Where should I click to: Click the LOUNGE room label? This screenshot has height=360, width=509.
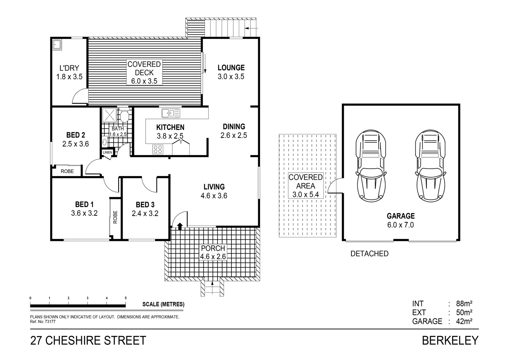pyautogui.click(x=231, y=68)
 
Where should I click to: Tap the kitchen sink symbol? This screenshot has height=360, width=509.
pyautogui.click(x=171, y=113)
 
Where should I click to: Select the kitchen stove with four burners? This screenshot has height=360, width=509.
pyautogui.click(x=158, y=149)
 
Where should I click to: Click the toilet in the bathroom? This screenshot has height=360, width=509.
pyautogui.click(x=125, y=116)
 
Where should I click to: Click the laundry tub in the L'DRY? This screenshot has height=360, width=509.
pyautogui.click(x=57, y=45)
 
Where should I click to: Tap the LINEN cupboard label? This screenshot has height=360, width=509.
pyautogui.click(x=107, y=152)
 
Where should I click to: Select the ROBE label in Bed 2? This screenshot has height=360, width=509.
pyautogui.click(x=67, y=171)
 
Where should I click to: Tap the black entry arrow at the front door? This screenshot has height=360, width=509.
pyautogui.click(x=180, y=227)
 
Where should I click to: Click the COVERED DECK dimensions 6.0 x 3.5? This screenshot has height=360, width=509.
pyautogui.click(x=144, y=81)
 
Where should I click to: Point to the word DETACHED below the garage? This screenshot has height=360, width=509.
pyautogui.click(x=369, y=254)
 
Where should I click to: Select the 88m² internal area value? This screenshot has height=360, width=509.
pyautogui.click(x=464, y=304)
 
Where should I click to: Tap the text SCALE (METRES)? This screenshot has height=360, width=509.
pyautogui.click(x=163, y=304)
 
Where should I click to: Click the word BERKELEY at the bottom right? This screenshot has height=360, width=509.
pyautogui.click(x=450, y=341)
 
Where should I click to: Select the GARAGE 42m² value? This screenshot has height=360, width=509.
pyautogui.click(x=464, y=321)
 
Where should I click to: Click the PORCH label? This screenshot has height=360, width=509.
pyautogui.click(x=213, y=248)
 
